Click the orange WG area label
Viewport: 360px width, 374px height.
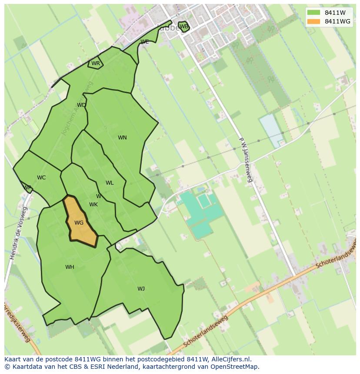tap(79, 223)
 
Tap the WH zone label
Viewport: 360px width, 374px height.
tap(70, 267)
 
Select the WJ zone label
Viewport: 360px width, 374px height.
tap(141, 289)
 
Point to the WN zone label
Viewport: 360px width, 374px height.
tap(122, 138)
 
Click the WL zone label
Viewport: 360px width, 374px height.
tap(110, 183)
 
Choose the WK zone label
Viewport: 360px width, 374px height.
tap(93, 205)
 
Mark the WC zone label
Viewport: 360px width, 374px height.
tap(41, 178)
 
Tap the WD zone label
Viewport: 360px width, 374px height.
tap(81, 105)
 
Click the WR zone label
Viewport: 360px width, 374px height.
tap(96, 63)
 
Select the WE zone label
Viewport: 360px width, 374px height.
tap(145, 42)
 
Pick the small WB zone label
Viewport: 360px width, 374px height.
tap(184, 26)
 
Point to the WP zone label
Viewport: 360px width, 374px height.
tap(27, 188)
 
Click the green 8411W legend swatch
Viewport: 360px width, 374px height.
tap(313, 13)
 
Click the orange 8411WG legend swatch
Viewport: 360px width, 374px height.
tap(313, 21)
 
